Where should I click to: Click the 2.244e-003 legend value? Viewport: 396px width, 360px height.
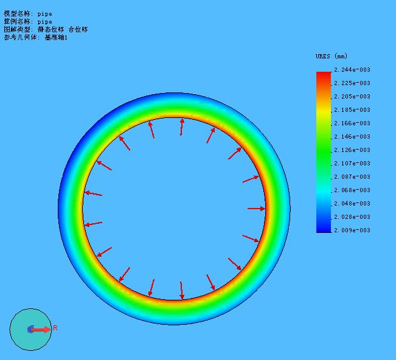tap(352, 70)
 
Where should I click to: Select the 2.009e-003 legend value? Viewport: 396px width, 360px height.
tap(352, 230)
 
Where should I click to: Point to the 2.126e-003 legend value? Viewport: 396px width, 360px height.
tap(352, 150)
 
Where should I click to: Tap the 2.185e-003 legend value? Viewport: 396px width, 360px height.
tap(352, 110)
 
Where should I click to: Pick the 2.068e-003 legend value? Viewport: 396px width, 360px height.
tap(352, 190)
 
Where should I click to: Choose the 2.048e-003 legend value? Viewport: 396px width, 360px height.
tap(352, 204)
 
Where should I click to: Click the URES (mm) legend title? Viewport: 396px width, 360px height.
tap(332, 56)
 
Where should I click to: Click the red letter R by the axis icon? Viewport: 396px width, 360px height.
tap(55, 328)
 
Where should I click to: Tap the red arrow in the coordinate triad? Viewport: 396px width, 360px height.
tap(41, 330)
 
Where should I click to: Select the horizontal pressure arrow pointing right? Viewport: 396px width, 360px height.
tap(256, 209)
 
